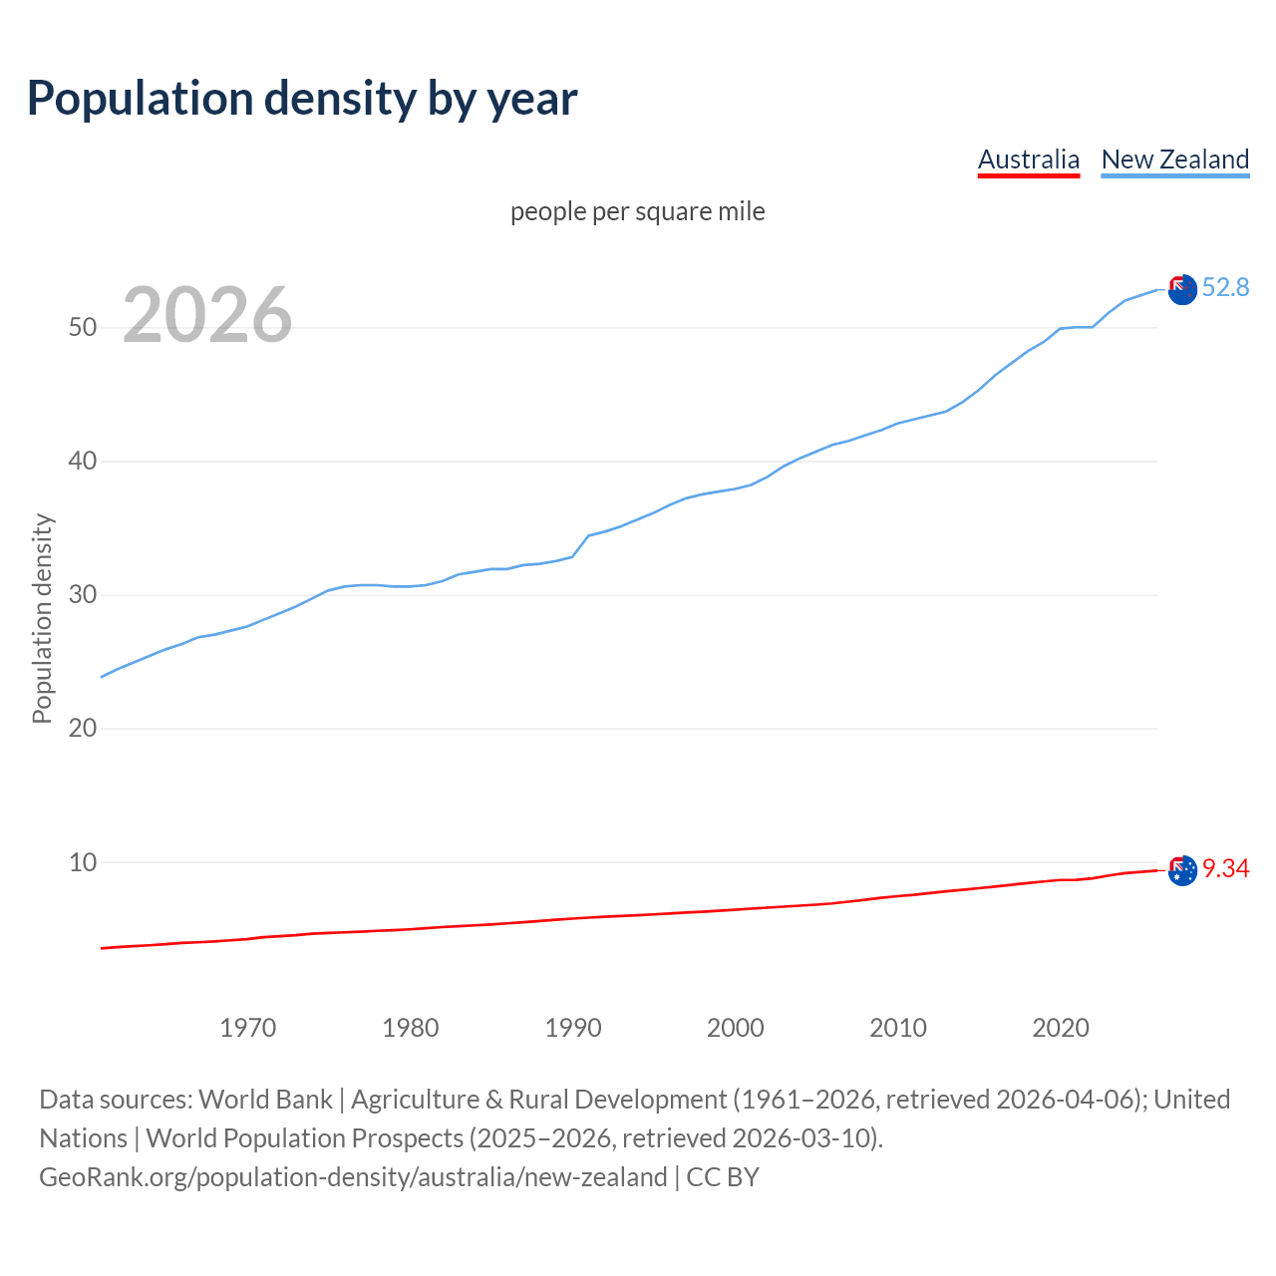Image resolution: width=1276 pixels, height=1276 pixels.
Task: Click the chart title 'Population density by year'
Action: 302,99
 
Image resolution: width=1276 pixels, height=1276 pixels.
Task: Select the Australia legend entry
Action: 1028,159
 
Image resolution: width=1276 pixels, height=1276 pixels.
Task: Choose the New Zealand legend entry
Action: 1174,159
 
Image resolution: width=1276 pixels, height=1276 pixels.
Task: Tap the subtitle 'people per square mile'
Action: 637,212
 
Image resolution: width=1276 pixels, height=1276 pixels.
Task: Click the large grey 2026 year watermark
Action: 207,316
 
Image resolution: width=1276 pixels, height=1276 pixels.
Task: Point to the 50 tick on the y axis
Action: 83,328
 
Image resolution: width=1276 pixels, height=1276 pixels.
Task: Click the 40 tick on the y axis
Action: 83,462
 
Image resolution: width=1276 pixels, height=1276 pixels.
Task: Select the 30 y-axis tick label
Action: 83,595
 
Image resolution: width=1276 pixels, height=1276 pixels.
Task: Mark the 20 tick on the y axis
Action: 83,729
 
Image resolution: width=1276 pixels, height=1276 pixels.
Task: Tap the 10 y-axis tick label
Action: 83,862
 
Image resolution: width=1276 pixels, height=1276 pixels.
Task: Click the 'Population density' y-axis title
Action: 42,618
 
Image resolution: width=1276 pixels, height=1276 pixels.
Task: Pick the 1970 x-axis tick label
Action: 247,1028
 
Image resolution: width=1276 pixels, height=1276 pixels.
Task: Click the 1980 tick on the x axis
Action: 410,1028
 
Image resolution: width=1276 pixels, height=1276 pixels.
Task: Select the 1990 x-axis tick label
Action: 572,1028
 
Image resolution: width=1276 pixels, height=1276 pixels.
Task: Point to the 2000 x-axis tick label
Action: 735,1028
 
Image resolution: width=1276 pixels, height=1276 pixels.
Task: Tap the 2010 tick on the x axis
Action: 897,1028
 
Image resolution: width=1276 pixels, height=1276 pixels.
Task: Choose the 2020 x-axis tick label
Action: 1060,1028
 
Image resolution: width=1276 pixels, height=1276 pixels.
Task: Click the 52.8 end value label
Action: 1225,288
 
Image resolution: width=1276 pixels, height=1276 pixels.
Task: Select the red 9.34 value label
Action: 1225,869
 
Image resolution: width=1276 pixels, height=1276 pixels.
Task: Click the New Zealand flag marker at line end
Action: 1182,290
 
